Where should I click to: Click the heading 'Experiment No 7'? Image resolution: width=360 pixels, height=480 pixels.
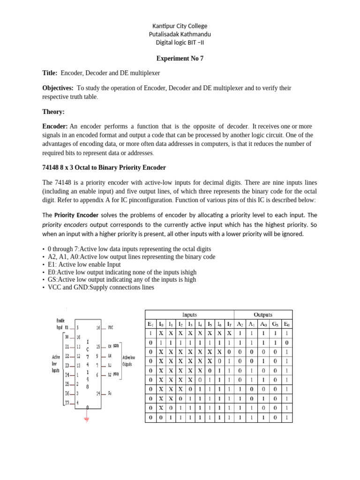(x=180, y=59)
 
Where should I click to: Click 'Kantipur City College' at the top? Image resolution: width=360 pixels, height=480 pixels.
(x=180, y=26)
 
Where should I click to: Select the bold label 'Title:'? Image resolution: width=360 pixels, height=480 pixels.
(x=50, y=73)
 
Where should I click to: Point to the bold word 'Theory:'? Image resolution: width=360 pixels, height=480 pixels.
(x=54, y=112)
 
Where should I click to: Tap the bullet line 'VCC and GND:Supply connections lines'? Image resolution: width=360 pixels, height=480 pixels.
(x=100, y=287)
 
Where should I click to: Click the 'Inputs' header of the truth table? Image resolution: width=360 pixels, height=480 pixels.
(x=189, y=315)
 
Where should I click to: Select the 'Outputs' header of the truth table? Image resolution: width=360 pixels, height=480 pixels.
(x=263, y=315)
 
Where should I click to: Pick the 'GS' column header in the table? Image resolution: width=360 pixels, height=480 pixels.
(x=275, y=324)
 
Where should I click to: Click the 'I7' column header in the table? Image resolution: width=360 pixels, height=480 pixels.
(x=229, y=324)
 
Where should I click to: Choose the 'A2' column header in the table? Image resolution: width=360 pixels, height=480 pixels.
(x=240, y=324)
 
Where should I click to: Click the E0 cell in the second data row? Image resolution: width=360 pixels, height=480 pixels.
(x=287, y=343)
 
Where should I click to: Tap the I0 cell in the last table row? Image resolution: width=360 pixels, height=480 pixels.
(x=160, y=417)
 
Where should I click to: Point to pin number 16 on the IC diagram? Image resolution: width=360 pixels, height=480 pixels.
(x=98, y=328)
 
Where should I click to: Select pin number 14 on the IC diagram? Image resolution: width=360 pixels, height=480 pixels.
(x=98, y=393)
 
